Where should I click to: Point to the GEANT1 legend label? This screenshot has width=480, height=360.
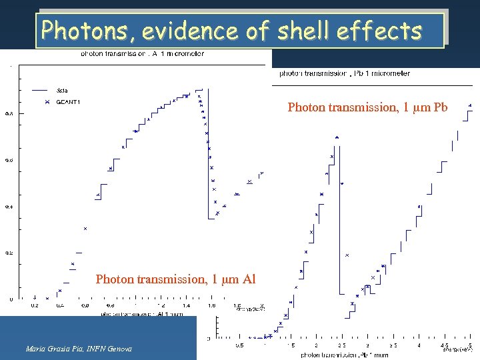pos(69,102)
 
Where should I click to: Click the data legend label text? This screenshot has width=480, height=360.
pos(62,89)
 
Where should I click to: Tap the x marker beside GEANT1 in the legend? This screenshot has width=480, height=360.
pos(47,102)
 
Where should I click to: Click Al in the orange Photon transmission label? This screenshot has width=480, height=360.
pos(247,279)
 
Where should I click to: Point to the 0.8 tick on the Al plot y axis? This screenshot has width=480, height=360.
pos(8,113)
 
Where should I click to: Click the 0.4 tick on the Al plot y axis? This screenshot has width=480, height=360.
pos(8,207)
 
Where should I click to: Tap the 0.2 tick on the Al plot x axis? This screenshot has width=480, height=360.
pos(34,305)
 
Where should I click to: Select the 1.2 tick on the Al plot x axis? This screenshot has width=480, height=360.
pos(161,305)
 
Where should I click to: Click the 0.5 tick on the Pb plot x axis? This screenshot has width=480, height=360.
pos(239,345)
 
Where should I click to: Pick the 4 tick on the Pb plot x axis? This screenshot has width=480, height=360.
pos(419,345)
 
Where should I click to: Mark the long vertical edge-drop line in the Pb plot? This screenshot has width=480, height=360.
pos(342,220)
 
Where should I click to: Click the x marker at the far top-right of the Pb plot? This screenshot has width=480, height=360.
pos(471,105)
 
